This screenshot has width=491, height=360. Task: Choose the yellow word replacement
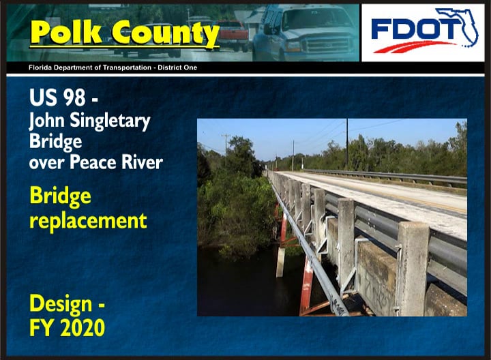pos(88,220)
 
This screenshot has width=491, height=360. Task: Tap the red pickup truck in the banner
pos(233,34)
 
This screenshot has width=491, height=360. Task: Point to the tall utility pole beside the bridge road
pos(346,143)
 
